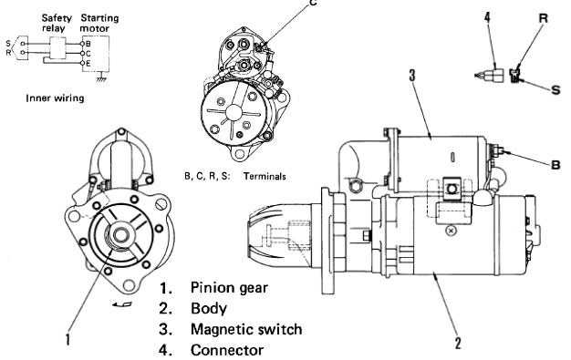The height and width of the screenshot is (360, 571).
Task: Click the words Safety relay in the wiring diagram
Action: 57,23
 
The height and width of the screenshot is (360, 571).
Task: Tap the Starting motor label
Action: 99,23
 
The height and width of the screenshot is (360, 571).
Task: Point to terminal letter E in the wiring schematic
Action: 88,63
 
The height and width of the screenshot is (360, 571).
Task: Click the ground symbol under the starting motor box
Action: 101,78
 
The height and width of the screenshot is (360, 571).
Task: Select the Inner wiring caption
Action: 55,98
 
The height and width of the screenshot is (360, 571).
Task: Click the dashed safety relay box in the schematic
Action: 57,47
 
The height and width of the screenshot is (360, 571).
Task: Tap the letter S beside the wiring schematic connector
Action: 8,44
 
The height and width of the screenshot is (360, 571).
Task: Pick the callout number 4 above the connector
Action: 488,17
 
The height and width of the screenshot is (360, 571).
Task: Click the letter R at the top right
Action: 543,18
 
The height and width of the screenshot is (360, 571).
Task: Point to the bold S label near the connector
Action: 555,89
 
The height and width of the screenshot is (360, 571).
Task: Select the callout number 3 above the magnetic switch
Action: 412,76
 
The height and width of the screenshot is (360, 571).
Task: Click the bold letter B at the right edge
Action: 555,165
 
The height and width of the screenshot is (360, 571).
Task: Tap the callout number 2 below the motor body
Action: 458,344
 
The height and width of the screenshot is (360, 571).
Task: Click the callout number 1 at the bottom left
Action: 67,340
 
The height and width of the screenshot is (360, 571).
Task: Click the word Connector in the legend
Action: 227,350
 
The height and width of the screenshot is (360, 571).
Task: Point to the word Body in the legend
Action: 208,309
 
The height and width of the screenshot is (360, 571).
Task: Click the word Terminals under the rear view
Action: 265,177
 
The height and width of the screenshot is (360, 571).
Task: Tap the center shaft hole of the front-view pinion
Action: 119,235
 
